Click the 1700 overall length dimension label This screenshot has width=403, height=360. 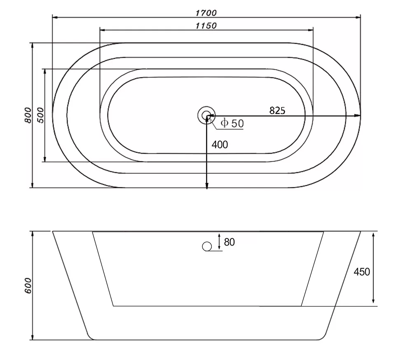click(x=206, y=13)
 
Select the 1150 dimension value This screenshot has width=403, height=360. click(x=206, y=26)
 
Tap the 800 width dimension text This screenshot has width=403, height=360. click(x=28, y=115)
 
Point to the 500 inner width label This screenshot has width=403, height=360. click(x=41, y=115)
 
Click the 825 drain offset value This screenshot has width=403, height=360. click(x=277, y=110)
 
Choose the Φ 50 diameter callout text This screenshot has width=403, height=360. click(x=232, y=123)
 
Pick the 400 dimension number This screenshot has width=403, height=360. click(x=220, y=145)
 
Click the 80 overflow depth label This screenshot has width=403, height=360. click(x=229, y=242)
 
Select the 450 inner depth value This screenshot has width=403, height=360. click(x=362, y=271)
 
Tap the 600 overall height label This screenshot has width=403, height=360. click(x=28, y=285)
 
